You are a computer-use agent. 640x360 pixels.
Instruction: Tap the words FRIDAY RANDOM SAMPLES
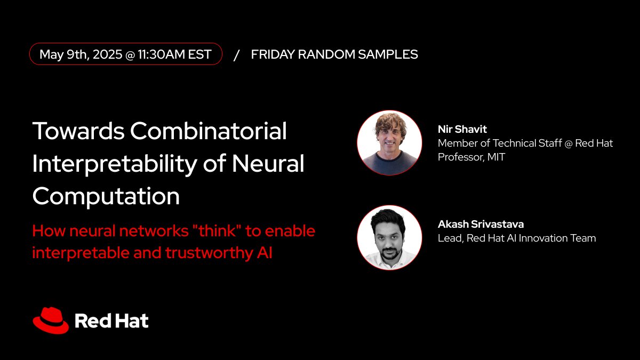tap(334, 54)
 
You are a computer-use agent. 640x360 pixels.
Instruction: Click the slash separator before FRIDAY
tap(236, 54)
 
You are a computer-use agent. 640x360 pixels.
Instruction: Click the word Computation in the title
tap(106, 197)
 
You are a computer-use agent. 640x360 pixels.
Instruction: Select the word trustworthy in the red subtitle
tap(202, 253)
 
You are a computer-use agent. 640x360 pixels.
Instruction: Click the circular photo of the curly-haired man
tap(389, 143)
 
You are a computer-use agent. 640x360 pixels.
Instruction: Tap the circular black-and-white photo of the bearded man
tap(389, 237)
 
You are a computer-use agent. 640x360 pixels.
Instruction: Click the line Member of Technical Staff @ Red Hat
tap(525, 143)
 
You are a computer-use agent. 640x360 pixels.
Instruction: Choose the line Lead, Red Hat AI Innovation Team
tap(516, 238)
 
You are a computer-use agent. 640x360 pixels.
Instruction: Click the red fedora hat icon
tap(51, 319)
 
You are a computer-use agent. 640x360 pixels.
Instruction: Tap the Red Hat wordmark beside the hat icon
tap(111, 321)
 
